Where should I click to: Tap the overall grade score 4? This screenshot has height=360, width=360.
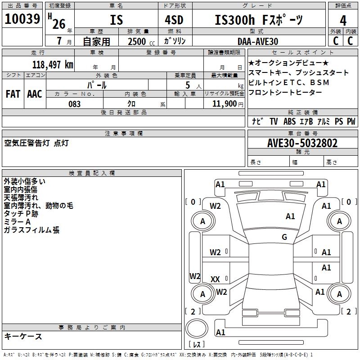tap(343, 20)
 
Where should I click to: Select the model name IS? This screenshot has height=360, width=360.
tap(116, 20)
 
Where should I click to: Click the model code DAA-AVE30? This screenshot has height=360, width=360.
tap(257, 41)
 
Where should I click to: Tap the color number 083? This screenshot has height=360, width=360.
tap(75, 104)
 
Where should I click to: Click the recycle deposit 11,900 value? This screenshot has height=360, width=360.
tap(224, 104)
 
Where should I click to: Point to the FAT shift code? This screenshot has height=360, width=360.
tap(13, 94)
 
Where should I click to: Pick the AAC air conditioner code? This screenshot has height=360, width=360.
tap(35, 94)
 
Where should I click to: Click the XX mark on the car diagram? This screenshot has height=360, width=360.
tap(215, 279)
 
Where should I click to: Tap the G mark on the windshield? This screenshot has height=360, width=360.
tap(284, 237)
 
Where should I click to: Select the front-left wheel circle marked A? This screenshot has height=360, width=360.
tap(202, 221)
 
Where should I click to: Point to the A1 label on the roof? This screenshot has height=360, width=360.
tap(290, 216)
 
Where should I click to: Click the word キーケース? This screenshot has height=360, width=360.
tap(23, 336)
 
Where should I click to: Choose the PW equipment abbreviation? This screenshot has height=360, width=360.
tap(351, 121)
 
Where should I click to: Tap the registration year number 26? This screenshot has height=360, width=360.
tap(58, 24)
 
